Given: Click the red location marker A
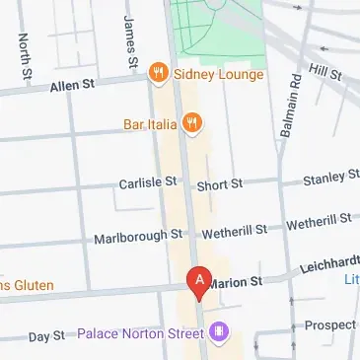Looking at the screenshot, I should coord(199,283).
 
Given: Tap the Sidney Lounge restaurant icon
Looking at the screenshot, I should coord(156,72).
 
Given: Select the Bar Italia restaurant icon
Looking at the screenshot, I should coord(191,123).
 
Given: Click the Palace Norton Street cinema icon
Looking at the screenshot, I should coord(218,331).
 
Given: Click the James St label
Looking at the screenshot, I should coord(130,41).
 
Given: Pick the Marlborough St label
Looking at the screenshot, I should coord(138,237).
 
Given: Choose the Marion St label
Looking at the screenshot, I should coord(237,281).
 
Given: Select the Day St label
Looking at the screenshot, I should coord(45,336).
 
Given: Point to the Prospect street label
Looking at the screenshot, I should coord(330,324).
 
